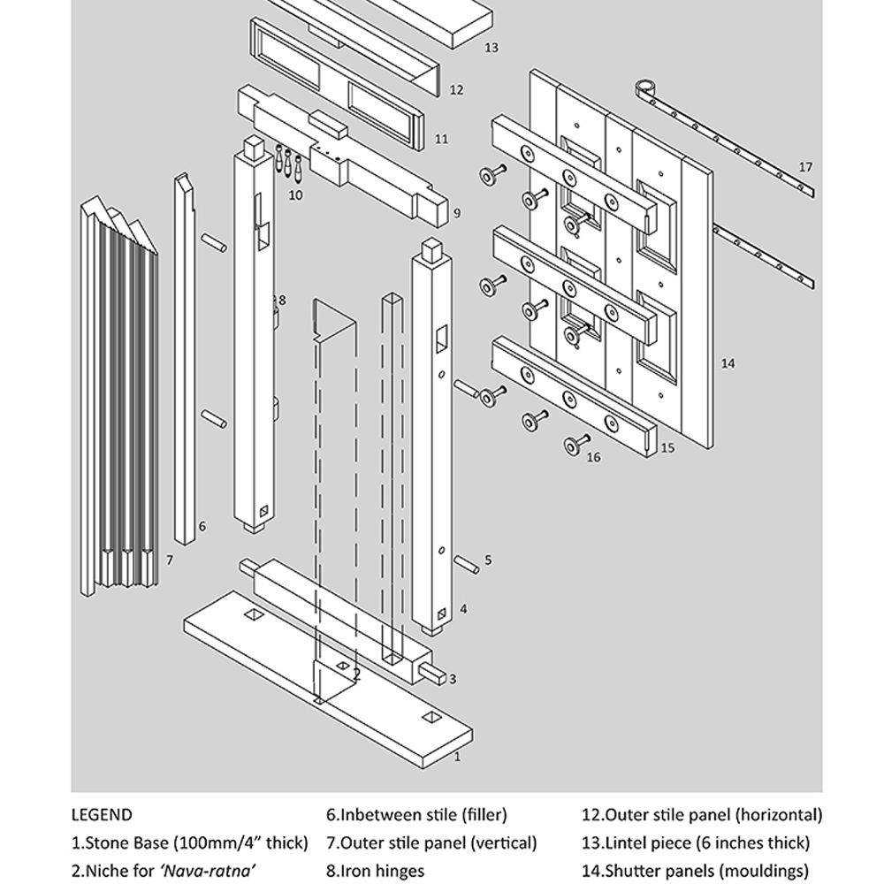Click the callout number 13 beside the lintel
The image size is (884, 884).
pyautogui.click(x=492, y=48)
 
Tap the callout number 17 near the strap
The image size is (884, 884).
pyautogui.click(x=804, y=167)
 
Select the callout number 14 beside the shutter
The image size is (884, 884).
pyautogui.click(x=728, y=363)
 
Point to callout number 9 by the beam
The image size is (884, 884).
pyautogui.click(x=457, y=213)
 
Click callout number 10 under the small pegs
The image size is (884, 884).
pyautogui.click(x=295, y=194)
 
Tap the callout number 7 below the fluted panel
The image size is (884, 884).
pyautogui.click(x=169, y=560)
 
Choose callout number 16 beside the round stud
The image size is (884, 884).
pyautogui.click(x=593, y=457)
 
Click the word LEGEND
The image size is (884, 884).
pyautogui.click(x=102, y=815)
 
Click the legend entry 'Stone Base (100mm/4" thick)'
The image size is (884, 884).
pyautogui.click(x=190, y=843)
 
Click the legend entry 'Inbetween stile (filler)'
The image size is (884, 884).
pyautogui.click(x=416, y=815)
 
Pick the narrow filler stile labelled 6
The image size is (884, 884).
pyautogui.click(x=187, y=354)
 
